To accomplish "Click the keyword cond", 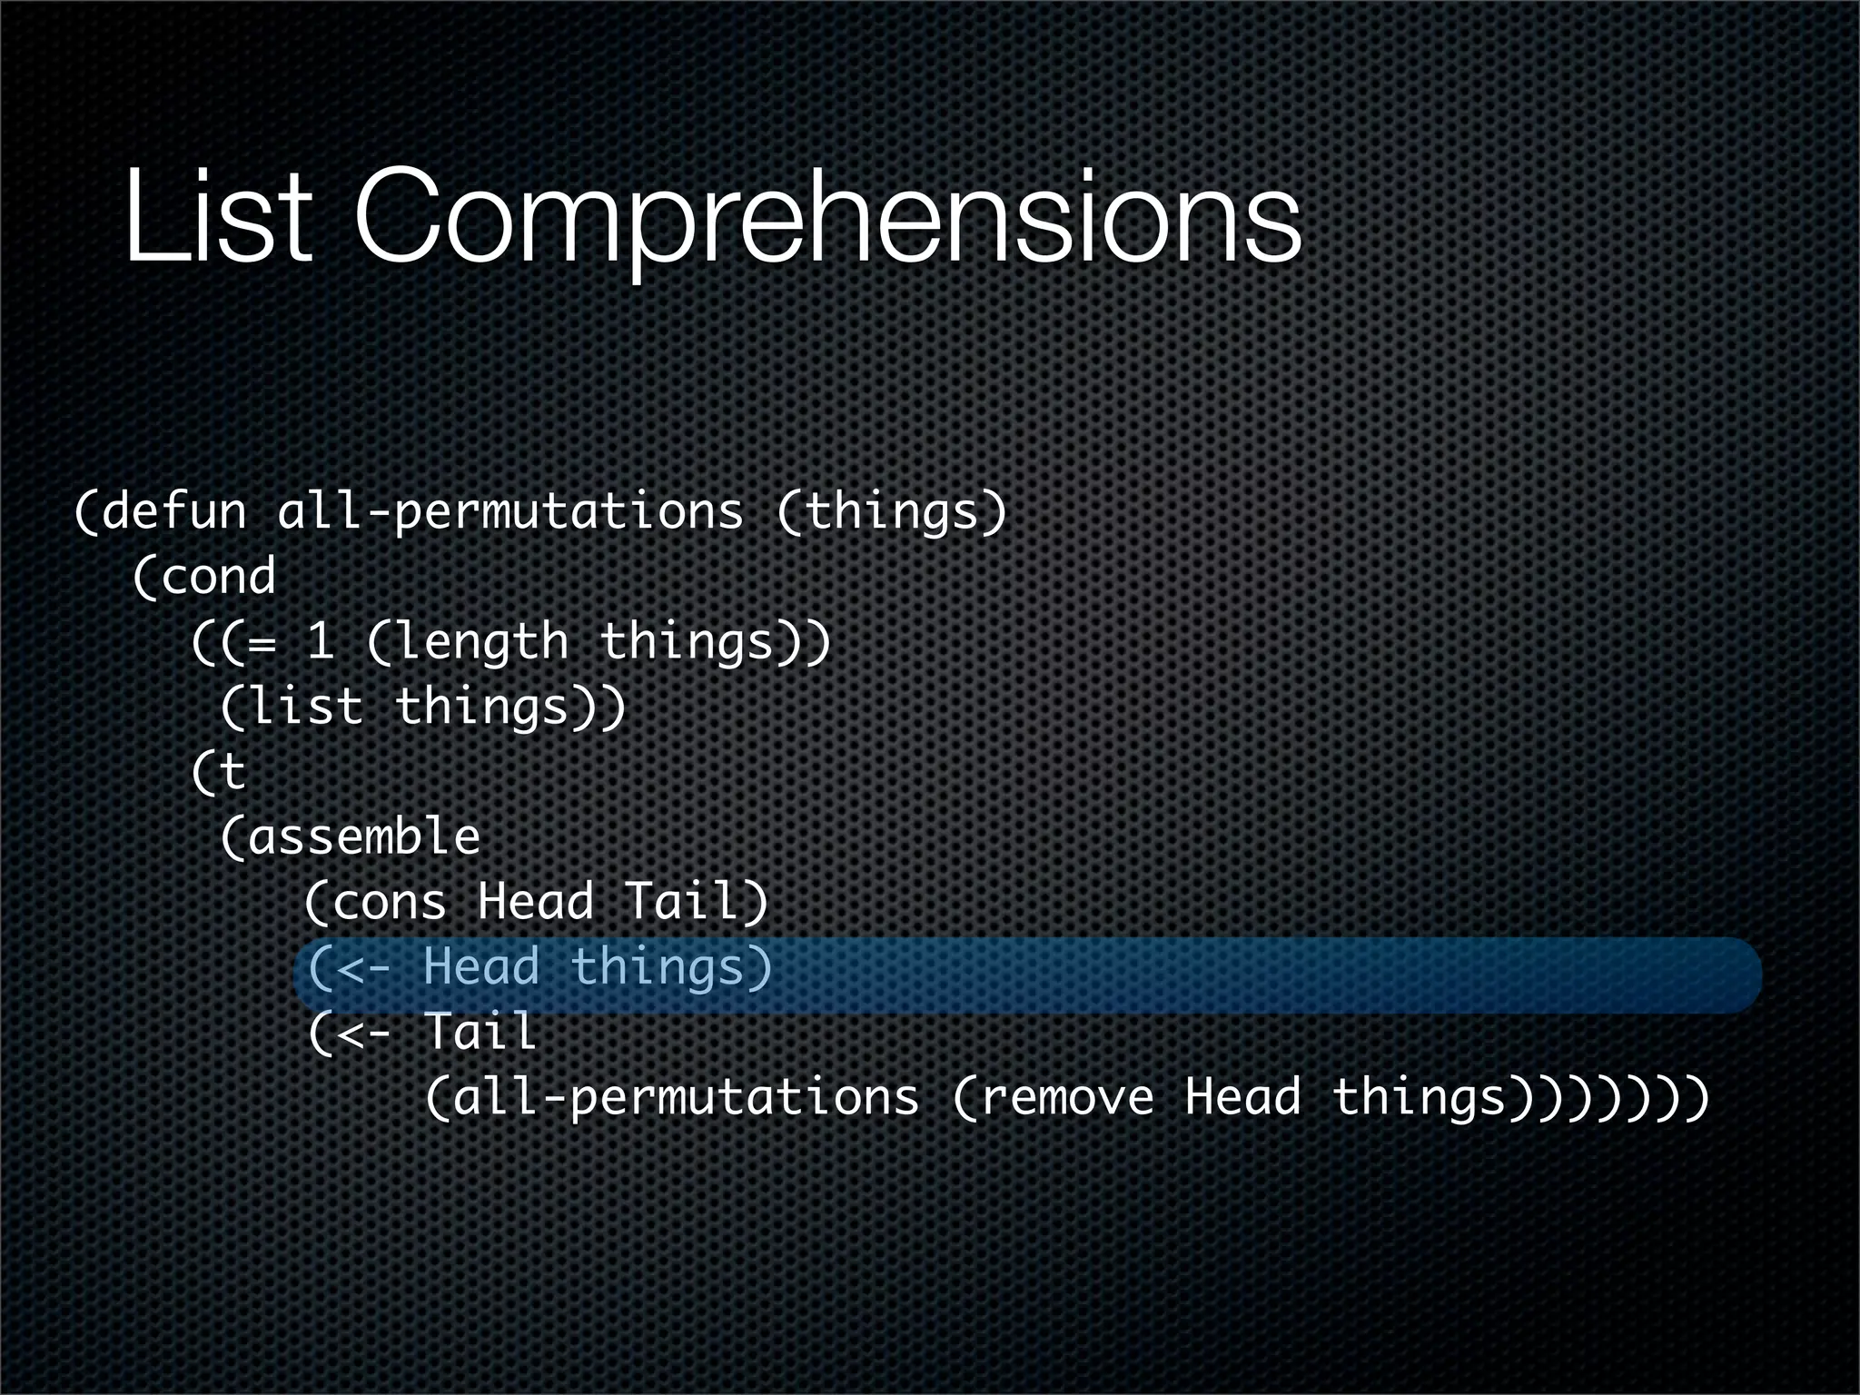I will pyautogui.click(x=218, y=577).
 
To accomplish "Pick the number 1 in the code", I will pyautogui.click(x=320, y=641).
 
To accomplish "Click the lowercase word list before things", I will pyautogui.click(x=305, y=707).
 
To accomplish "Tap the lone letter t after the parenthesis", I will pyautogui.click(x=232, y=773).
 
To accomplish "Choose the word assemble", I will pyautogui.click(x=363, y=836).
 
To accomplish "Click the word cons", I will pyautogui.click(x=391, y=902).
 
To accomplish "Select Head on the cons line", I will pyautogui.click(x=536, y=901).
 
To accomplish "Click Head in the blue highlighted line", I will pyautogui.click(x=481, y=966).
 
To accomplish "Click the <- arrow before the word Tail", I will pyautogui.click(x=363, y=1034).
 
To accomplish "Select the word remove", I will pyautogui.click(x=1067, y=1097).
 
